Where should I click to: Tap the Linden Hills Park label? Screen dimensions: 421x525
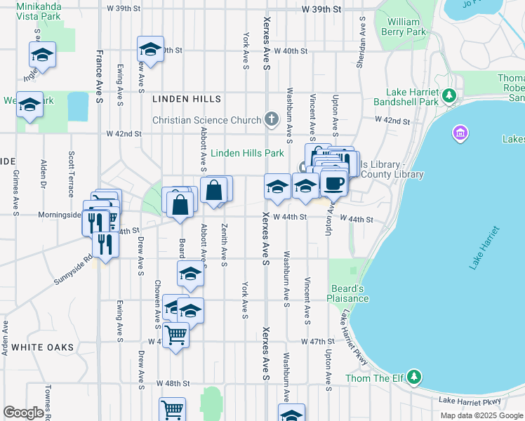[247, 153]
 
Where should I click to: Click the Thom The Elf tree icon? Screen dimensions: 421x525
[414, 378]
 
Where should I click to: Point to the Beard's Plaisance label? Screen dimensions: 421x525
[347, 293]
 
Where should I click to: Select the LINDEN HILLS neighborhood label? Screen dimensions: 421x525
[187, 100]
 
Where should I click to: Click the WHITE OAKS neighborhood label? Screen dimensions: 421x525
[43, 347]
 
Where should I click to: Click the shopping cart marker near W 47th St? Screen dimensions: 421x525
[175, 334]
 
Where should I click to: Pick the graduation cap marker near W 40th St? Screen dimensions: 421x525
[150, 49]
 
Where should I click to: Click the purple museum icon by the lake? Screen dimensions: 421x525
[460, 132]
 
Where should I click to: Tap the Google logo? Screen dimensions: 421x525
[23, 413]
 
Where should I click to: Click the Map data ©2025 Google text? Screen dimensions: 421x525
[481, 415]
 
